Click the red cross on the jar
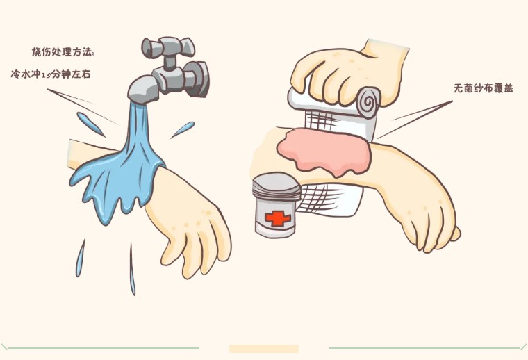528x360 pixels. pos(278,218)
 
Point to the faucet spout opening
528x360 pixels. pos(138,100)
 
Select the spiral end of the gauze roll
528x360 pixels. pos(368,101)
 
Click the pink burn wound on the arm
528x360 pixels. pos(324,152)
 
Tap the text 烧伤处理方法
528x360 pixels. pos(62,52)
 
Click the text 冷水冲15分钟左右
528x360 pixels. pos(51,74)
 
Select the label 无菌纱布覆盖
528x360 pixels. pos(484,88)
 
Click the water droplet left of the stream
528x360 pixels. pos(90,124)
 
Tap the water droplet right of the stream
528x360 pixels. pos(183,130)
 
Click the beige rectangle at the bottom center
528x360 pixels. pos(264,349)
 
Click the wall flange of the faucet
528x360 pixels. pos(199,79)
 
